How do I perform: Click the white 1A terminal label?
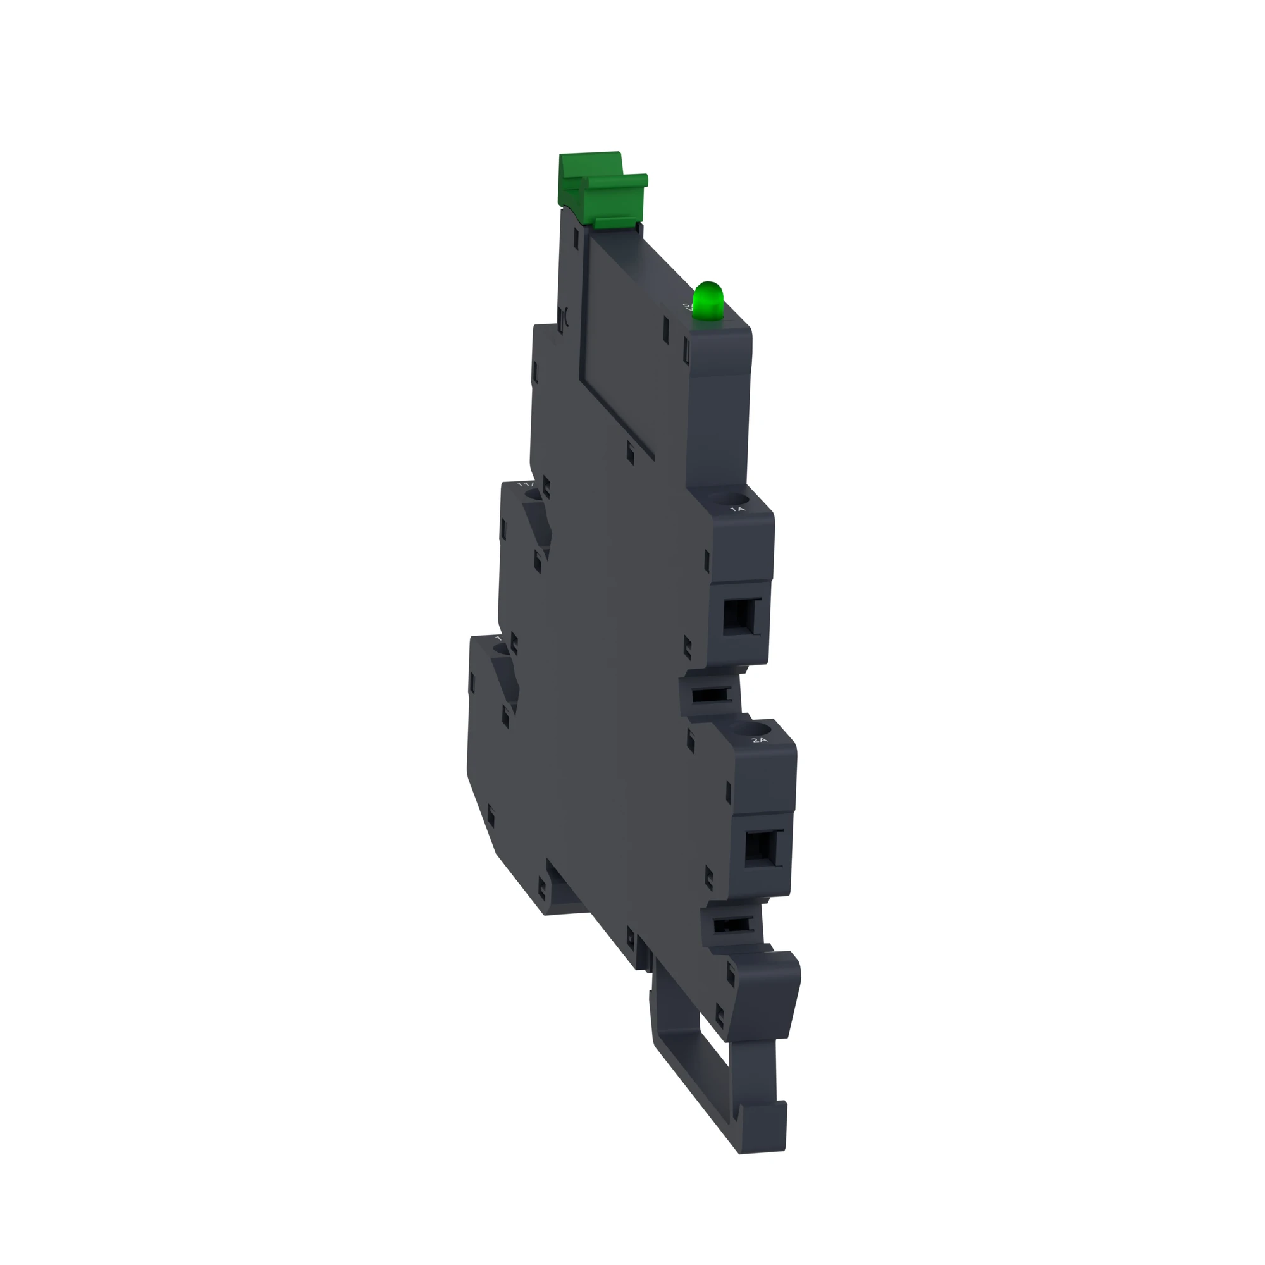(x=737, y=509)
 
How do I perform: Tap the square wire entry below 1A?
(x=739, y=617)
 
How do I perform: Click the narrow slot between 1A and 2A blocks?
(x=709, y=695)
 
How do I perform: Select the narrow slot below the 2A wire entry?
(x=731, y=925)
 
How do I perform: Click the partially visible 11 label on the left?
(x=524, y=484)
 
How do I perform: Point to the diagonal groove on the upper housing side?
(x=615, y=412)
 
